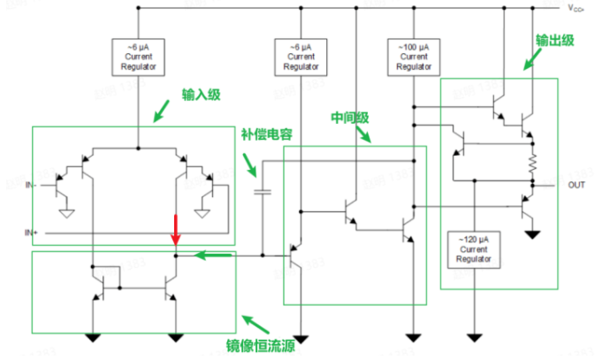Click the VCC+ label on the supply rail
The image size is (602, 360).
pyautogui.click(x=577, y=9)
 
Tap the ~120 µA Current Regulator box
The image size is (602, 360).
pyautogui.click(x=475, y=249)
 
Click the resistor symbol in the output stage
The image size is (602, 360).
pyautogui.click(x=533, y=163)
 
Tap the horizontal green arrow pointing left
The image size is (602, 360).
pyautogui.click(x=214, y=257)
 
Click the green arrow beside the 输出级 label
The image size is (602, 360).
pyautogui.click(x=531, y=59)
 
